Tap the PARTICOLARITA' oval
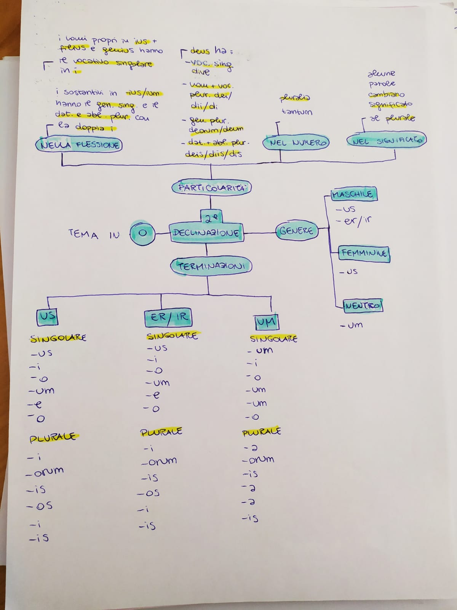tap(212, 188)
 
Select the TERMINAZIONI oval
tap(211, 266)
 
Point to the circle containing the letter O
tap(142, 232)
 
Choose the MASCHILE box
tap(353, 195)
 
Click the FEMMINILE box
tap(364, 253)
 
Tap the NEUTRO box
tap(362, 306)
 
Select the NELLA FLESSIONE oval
tap(79, 145)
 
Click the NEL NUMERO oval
tap(296, 143)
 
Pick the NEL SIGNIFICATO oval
tap(387, 141)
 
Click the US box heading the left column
tap(47, 316)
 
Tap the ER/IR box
tap(168, 318)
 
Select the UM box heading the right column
tap(266, 323)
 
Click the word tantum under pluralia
tap(297, 112)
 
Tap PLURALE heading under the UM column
tap(261, 432)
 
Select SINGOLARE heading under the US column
tap(58, 338)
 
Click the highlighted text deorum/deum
tap(216, 130)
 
